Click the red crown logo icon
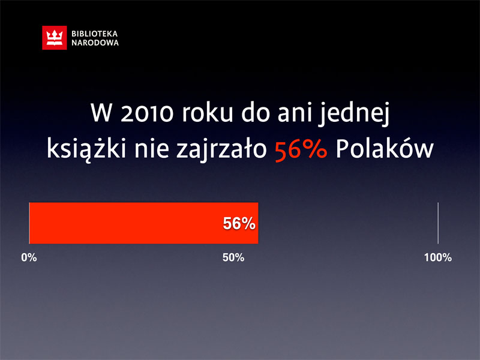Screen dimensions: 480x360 (55, 38)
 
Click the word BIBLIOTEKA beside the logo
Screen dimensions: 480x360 (95, 34)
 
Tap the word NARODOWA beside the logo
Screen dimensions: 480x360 (95, 43)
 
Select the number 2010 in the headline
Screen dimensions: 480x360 (148, 113)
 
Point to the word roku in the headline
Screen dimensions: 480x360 (207, 112)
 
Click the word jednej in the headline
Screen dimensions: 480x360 (353, 113)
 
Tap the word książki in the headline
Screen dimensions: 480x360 (86, 149)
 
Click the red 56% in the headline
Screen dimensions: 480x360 (301, 149)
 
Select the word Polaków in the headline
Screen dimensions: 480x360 (385, 149)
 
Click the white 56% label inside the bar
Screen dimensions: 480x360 (239, 223)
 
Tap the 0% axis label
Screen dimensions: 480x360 (29, 257)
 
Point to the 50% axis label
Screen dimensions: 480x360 (233, 257)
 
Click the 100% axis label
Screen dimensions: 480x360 (438, 257)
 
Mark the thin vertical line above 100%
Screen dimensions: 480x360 (438, 223)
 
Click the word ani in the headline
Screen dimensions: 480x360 (295, 113)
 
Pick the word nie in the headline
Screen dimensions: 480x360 (152, 149)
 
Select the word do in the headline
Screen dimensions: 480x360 (256, 112)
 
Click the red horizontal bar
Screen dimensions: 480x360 (143, 223)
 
